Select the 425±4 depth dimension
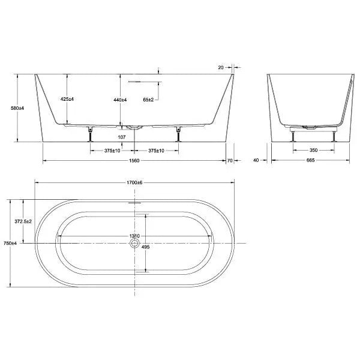coord(67,99)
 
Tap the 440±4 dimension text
coord(121,99)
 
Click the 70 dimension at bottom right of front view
coord(230,161)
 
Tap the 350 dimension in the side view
coord(313,150)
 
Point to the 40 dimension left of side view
coord(256,161)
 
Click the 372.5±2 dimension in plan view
coord(23,221)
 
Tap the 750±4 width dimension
coord(9,244)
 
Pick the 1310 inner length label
coord(134,236)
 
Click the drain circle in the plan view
coord(134,244)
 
